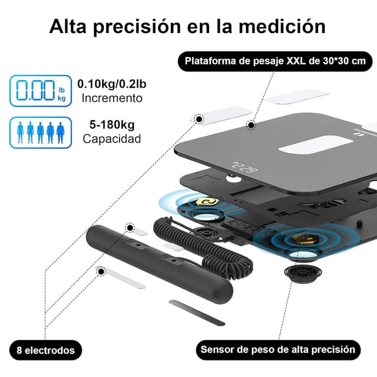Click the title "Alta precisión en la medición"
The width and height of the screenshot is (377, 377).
pos(188,26)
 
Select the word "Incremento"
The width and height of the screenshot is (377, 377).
pos(112,98)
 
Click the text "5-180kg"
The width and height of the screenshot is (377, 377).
pos(112,125)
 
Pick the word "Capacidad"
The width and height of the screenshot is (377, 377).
pos(112,140)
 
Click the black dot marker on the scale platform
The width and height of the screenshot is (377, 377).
pos(251,125)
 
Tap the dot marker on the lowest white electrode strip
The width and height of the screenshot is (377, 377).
pos(101,271)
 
